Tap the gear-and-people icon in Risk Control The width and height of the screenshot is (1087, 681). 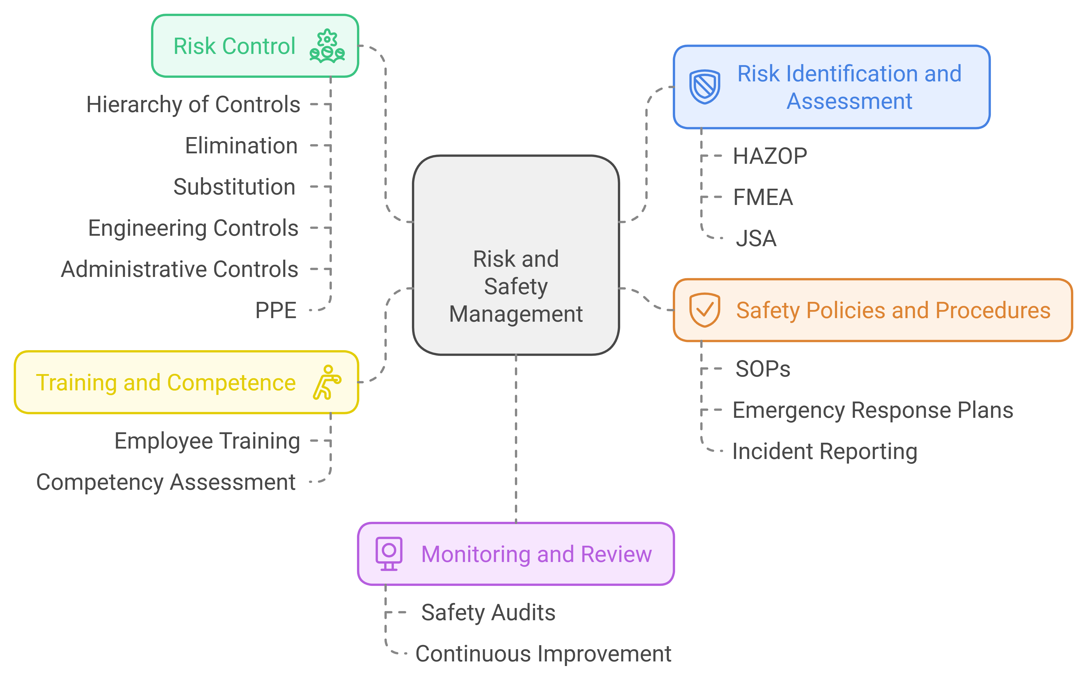pos(327,46)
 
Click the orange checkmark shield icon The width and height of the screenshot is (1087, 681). pos(704,310)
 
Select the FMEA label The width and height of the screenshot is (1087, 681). pos(763,197)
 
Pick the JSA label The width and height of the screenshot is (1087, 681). pos(756,238)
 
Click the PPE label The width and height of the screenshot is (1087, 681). pos(276,310)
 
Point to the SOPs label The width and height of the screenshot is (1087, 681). pos(763,369)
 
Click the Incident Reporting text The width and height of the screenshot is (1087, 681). pos(825,451)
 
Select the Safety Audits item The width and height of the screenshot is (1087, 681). pos(488,613)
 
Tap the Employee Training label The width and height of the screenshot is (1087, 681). pos(207,441)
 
